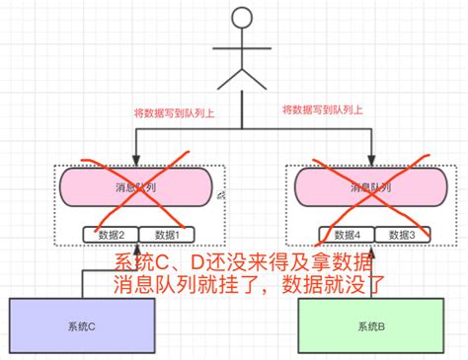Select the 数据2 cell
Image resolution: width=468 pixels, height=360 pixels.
(111, 235)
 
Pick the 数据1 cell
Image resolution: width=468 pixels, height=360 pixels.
(167, 235)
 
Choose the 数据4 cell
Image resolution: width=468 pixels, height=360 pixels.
(346, 235)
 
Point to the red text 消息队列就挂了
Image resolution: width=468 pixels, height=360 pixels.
(168, 286)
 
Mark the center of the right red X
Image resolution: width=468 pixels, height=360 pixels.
(369, 197)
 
